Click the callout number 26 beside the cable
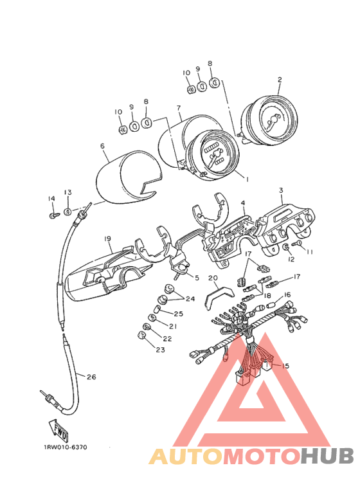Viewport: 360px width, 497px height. tap(91, 377)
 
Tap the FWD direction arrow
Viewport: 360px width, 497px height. tap(59, 431)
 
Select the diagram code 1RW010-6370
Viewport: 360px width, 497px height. tap(66, 447)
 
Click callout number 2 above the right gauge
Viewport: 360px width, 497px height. tap(280, 80)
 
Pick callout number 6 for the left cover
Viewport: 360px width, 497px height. tap(102, 146)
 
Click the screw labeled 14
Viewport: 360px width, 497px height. tap(53, 215)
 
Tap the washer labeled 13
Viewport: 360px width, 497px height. tap(67, 212)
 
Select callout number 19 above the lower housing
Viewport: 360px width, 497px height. tap(108, 239)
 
